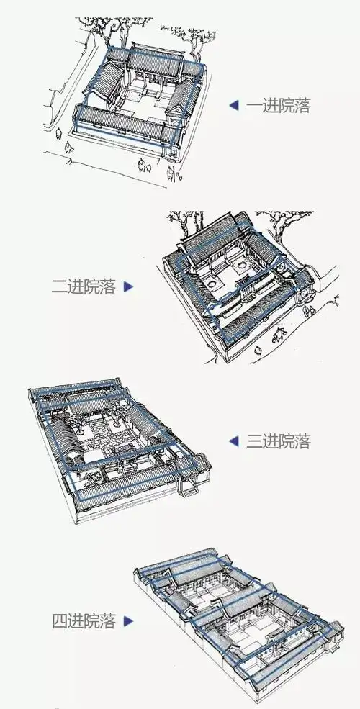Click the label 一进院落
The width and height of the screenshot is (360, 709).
coord(279,106)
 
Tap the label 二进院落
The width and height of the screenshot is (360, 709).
coord(84,286)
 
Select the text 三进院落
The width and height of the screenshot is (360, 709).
coord(279,441)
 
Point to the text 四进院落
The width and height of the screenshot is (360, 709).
coord(84,620)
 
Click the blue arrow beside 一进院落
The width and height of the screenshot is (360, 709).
coord(233,106)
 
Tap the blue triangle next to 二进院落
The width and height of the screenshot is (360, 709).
coord(129,286)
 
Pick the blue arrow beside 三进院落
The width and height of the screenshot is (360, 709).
coord(233,441)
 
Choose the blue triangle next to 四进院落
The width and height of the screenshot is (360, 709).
coord(129,620)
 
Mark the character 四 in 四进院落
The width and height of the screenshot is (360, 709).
coord(60,620)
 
